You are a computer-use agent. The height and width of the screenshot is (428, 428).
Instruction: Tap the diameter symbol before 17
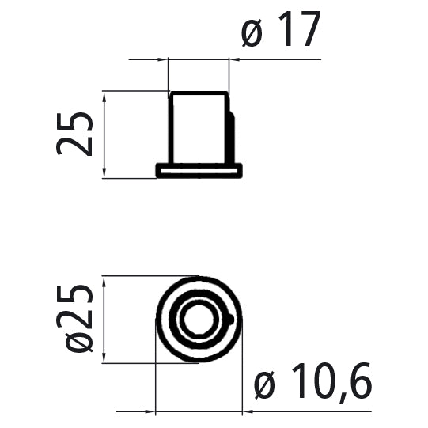(x=252, y=34)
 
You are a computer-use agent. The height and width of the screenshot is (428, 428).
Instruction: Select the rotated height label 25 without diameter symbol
(x=76, y=133)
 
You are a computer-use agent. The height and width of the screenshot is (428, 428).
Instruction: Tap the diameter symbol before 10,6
(x=265, y=387)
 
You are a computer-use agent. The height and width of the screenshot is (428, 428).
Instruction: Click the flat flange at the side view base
(x=199, y=170)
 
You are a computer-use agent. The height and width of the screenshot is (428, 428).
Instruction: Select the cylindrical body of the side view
(x=199, y=127)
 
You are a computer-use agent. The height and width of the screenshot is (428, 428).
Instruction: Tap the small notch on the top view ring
(x=229, y=320)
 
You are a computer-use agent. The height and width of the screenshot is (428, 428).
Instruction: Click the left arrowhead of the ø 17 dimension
(x=163, y=59)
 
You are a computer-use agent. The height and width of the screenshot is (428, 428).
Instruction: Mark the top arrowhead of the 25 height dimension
(x=105, y=96)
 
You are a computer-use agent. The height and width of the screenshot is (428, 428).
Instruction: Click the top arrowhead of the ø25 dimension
(x=105, y=282)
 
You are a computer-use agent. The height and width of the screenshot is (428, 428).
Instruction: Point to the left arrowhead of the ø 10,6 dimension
(x=150, y=412)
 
